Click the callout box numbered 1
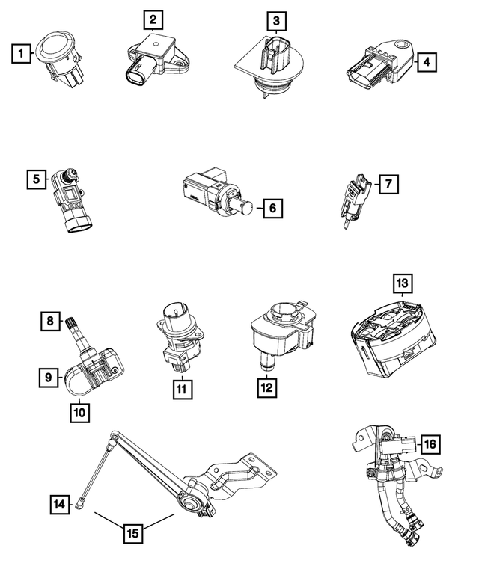tap(21, 53)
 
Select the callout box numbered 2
tap(153, 19)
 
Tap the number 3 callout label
tap(277, 20)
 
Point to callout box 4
tap(425, 62)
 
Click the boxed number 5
tap(34, 179)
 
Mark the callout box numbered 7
tap(388, 182)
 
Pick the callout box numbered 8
tap(50, 322)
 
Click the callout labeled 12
tap(266, 389)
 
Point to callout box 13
tap(403, 283)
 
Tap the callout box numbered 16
tap(430, 444)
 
